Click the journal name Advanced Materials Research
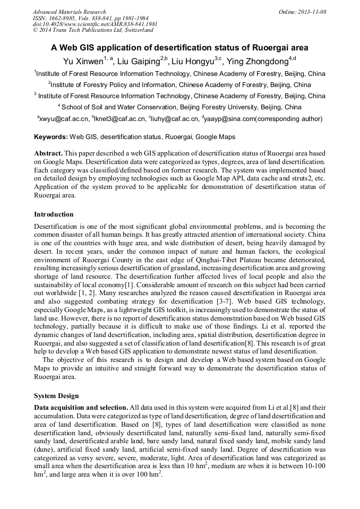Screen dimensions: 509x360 69,11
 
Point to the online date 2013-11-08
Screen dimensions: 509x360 312,11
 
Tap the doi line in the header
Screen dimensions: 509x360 95,24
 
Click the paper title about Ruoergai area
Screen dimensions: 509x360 179,47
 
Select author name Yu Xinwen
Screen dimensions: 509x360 83,61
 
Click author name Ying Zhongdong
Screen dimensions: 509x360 257,61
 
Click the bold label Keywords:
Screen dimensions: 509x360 51,137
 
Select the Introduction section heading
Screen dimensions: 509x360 54,214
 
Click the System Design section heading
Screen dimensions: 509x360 56,396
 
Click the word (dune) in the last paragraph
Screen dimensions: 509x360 44,448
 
